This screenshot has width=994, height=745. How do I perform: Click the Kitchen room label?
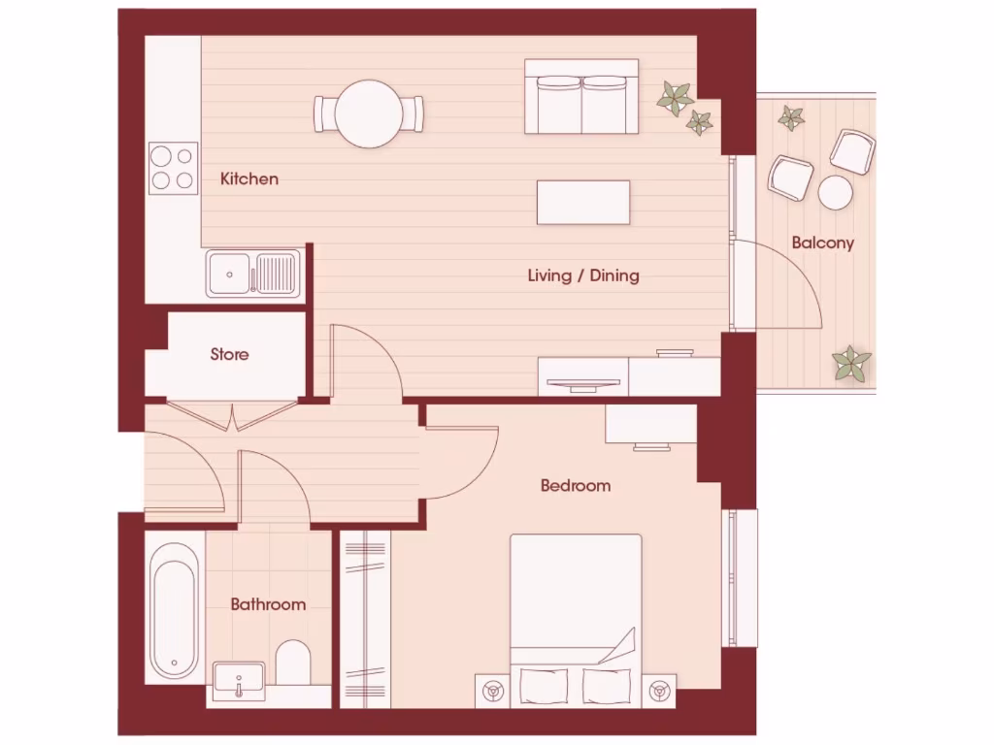pos(248,178)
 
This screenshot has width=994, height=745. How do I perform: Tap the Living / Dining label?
pos(583,275)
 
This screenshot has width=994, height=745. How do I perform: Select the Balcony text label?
pos(822,243)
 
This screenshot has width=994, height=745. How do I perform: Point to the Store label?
pos(229,355)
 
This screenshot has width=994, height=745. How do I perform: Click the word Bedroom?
pos(576,485)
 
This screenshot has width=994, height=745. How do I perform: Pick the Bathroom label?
pos(268,604)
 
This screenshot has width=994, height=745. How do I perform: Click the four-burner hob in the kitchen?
pos(173,168)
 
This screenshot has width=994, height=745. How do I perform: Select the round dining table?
pos(369,113)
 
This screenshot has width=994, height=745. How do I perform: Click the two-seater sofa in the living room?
pos(581,97)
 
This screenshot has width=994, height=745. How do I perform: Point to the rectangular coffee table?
pos(583,202)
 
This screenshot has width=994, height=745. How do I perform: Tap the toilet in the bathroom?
pos(292,663)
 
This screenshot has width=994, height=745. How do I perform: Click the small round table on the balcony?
pos(835,192)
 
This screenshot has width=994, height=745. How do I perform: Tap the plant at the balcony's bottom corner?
pos(851,364)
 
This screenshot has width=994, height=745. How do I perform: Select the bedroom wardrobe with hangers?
pos(366,618)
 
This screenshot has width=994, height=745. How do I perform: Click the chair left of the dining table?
pos(323,113)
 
